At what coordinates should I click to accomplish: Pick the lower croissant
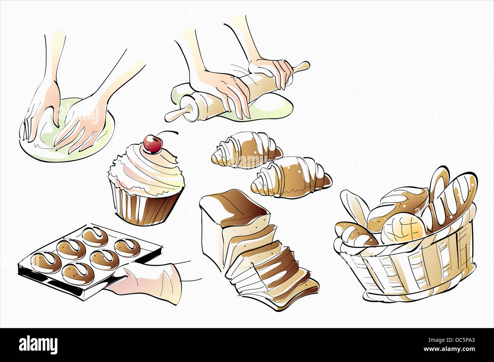point(291,177)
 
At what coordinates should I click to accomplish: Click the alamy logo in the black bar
point(38,345)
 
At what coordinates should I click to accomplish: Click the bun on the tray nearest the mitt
point(104,260)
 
